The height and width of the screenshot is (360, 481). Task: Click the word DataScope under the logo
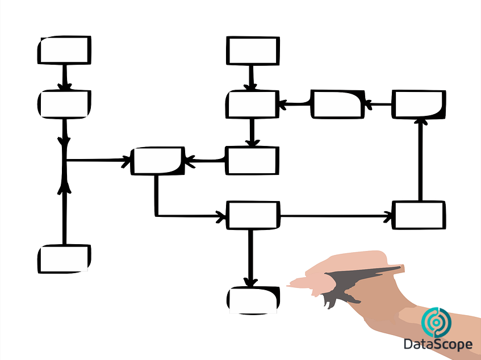point(438,345)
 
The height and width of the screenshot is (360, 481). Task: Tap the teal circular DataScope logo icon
point(436,323)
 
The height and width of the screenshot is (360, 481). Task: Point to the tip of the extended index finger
point(288,286)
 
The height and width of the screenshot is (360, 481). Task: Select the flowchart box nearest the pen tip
point(253,300)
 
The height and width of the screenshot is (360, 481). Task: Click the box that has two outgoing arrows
point(253,215)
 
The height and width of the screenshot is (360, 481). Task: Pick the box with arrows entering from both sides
point(158,161)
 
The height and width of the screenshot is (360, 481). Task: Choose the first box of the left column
point(64,50)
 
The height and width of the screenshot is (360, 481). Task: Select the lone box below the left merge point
point(64,259)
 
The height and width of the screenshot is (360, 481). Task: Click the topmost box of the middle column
point(253,51)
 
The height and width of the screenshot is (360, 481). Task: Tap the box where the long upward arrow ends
point(419,104)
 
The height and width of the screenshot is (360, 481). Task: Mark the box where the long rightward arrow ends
point(419,215)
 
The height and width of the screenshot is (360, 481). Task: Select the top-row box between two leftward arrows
point(338,104)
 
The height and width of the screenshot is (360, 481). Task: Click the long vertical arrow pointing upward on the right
point(421,160)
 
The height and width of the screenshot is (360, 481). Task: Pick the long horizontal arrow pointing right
point(336,216)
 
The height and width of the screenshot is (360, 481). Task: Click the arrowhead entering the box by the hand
point(250,282)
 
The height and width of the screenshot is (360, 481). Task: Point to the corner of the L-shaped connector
point(156,216)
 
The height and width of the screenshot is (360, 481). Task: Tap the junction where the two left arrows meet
point(65,160)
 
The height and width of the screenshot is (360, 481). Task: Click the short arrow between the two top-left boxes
point(65,77)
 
